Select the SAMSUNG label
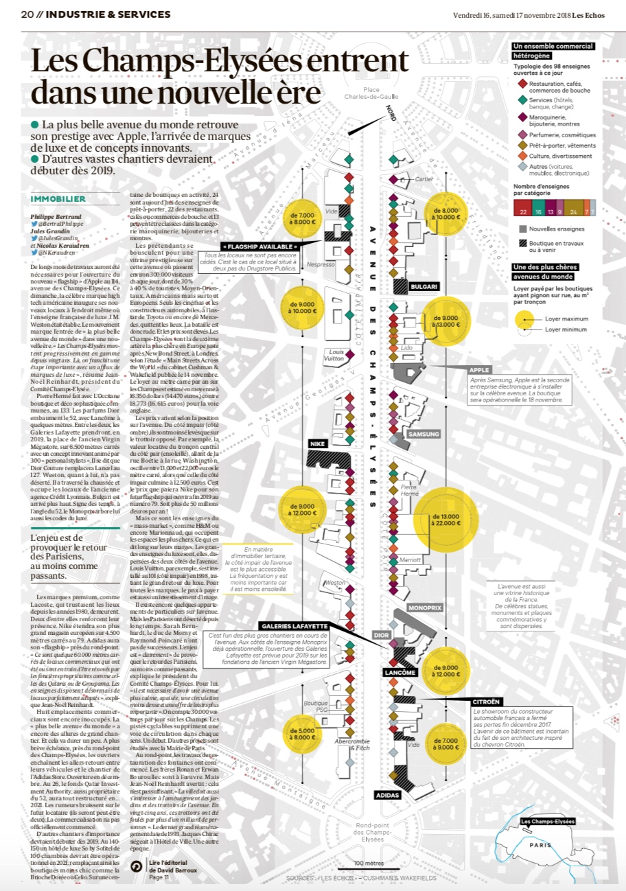[x=424, y=434]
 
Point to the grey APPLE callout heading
[x=480, y=370]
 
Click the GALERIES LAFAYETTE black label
[x=294, y=625]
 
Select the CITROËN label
[x=486, y=702]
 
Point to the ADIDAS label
[x=388, y=795]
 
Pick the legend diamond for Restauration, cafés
[x=522, y=83]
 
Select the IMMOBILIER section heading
[x=58, y=199]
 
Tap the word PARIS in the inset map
[x=541, y=845]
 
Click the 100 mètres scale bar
[x=369, y=866]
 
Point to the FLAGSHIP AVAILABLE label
[x=259, y=246]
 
